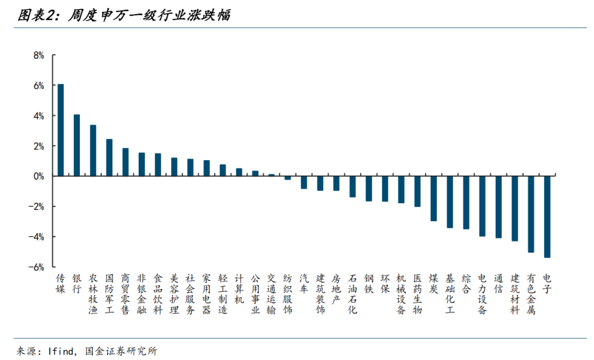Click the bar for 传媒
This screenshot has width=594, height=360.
pyautogui.click(x=61, y=130)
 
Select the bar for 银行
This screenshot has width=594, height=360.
pyautogui.click(x=77, y=145)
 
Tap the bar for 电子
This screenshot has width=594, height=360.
pyautogui.click(x=547, y=217)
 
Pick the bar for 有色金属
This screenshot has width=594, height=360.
pyautogui.click(x=531, y=214)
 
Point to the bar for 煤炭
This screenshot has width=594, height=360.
pyautogui.click(x=433, y=198)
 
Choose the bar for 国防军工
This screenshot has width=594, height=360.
pyautogui.click(x=109, y=157)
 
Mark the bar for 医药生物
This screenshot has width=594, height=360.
pyautogui.click(x=417, y=191)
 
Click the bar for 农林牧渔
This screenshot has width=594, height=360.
pyautogui.click(x=93, y=150)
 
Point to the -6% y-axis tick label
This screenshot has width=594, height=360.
pyautogui.click(x=36, y=267)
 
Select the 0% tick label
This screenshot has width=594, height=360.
pyautogui.click(x=38, y=176)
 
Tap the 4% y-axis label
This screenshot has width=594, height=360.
pyautogui.click(x=38, y=116)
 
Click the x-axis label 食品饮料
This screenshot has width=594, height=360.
pyautogui.click(x=158, y=294)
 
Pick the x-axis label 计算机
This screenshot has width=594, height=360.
pyautogui.click(x=239, y=289)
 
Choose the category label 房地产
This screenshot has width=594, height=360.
pyautogui.click(x=336, y=289)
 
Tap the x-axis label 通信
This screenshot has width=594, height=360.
pyautogui.click(x=498, y=283)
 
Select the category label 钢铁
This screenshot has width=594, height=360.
pyautogui.click(x=369, y=283)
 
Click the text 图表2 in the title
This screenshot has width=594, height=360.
pyautogui.click(x=37, y=15)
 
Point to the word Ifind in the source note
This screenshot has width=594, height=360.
pyautogui.click(x=62, y=351)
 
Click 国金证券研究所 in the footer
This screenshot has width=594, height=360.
pyautogui.click(x=121, y=351)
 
